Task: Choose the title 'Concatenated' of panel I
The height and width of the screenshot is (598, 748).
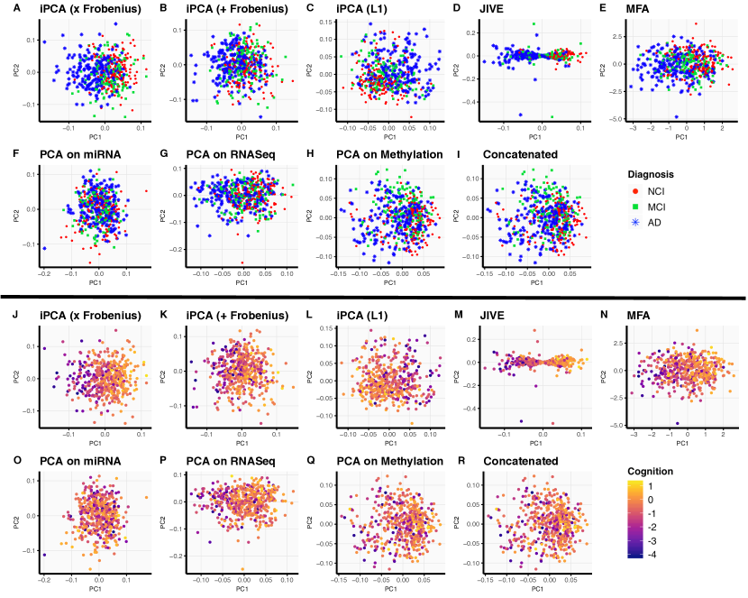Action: point(520,154)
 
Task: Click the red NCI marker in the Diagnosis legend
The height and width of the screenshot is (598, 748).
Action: point(634,192)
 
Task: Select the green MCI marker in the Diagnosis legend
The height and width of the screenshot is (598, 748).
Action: point(634,207)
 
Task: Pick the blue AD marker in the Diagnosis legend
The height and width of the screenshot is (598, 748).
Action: point(634,223)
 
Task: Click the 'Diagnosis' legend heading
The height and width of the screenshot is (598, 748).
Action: point(652,174)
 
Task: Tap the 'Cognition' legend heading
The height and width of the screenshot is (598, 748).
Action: point(651,471)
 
